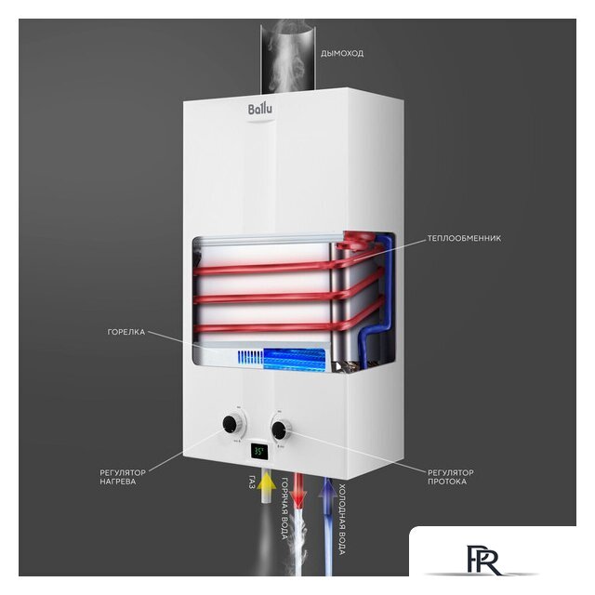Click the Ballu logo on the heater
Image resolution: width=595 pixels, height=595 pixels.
pyautogui.click(x=259, y=111)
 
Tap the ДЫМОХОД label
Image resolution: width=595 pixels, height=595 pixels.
pyautogui.click(x=341, y=53)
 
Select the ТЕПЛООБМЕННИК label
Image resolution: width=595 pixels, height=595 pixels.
pyautogui.click(x=465, y=238)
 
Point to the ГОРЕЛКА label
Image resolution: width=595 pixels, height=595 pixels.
pyautogui.click(x=126, y=331)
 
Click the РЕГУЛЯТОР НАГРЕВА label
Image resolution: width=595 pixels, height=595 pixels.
pyautogui.click(x=125, y=477)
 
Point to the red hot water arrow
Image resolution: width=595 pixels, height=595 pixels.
pyautogui.click(x=298, y=490)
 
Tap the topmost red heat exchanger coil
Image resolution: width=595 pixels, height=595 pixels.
pyautogui.click(x=270, y=269)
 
